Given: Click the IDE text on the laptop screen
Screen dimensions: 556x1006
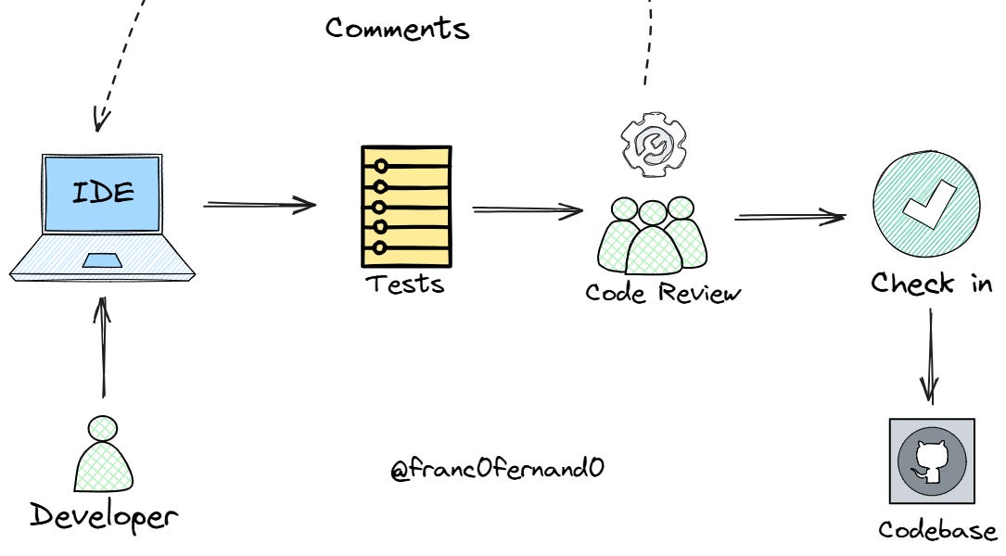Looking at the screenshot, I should pos(103,194).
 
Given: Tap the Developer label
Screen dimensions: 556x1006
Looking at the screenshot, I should pos(103,515).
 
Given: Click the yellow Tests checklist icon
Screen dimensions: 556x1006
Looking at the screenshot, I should pos(405,205).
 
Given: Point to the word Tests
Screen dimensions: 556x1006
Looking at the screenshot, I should pos(404,283).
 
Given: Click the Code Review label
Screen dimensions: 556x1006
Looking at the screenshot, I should pos(663,293).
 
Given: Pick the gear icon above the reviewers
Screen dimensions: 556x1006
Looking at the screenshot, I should pos(652,143).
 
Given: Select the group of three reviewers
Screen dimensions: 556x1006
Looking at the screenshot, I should pos(652,235).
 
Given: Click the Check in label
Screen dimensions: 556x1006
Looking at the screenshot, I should pos(931,283).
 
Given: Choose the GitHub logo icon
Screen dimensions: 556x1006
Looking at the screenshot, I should pos(931,461).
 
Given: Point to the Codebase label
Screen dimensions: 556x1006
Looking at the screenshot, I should pos(937,531).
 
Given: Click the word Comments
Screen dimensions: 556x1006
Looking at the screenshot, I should pos(397,28).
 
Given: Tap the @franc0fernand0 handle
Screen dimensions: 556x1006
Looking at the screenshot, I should pos(497,469).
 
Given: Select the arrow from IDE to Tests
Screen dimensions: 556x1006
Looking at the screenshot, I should pos(260,205).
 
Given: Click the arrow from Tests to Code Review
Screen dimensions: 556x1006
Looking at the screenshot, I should pos(527,210).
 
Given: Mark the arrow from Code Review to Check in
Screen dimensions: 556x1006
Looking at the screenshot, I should pos(790,218).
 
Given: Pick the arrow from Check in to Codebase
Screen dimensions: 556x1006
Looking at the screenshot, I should pos(931,357).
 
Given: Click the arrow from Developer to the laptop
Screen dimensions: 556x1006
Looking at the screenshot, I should pos(103,347).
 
